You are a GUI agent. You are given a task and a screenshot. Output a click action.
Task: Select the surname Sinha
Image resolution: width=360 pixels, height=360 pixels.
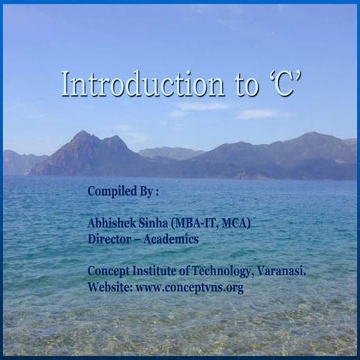coord(157,223)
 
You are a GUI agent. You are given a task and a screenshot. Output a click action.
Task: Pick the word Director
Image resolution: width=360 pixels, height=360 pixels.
coord(109,239)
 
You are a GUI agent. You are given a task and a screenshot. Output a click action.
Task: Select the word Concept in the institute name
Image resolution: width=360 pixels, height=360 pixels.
coord(109,271)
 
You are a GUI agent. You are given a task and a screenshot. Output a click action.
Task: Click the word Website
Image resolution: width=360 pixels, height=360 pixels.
coord(109,287)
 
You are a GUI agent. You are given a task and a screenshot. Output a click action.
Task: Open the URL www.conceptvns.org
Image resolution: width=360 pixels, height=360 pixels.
coord(190,288)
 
